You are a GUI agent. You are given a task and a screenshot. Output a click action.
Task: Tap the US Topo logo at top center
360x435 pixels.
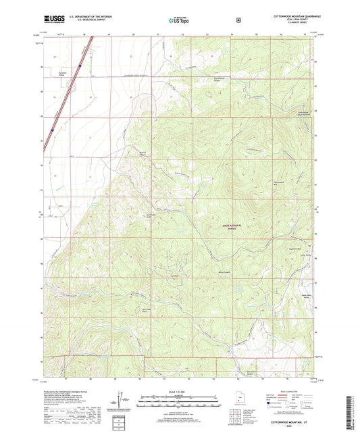(x=180, y=20)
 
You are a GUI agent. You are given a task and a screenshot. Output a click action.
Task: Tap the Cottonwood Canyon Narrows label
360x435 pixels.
(x=303, y=113)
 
